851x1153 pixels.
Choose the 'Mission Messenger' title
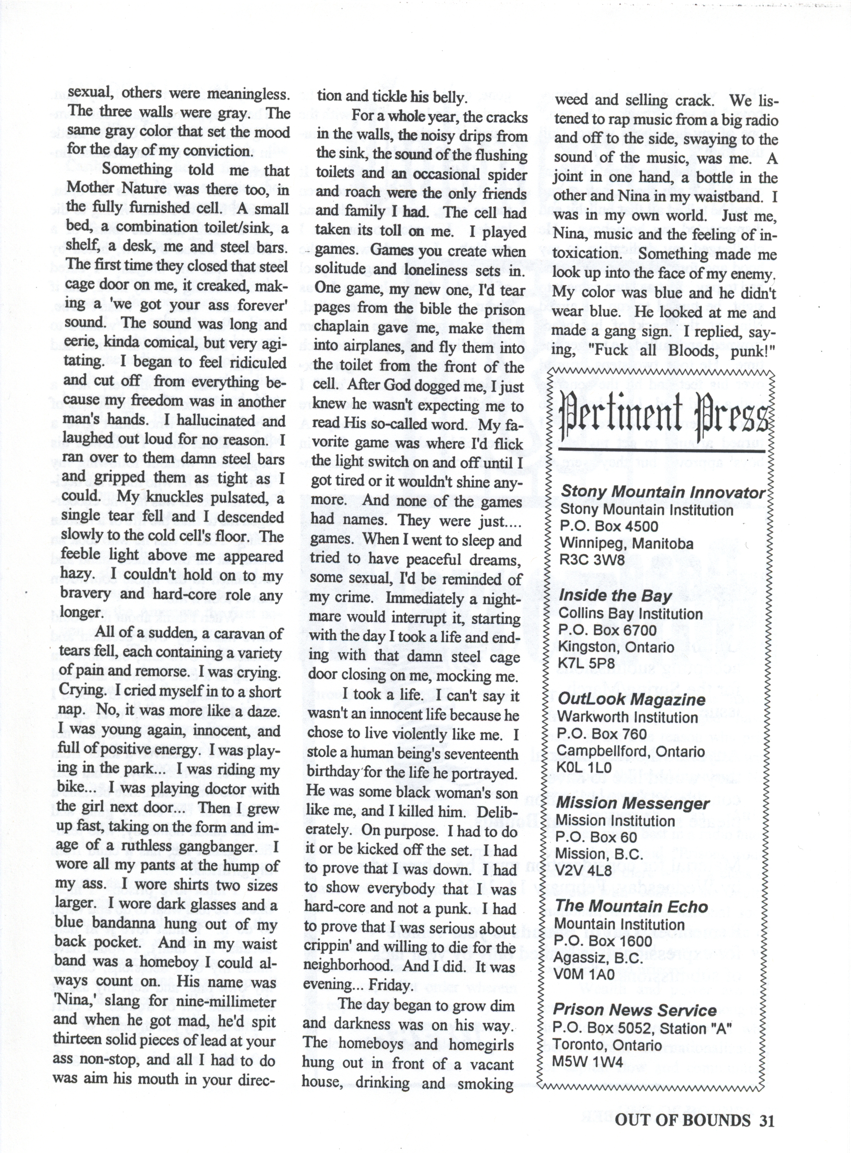pos(633,803)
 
